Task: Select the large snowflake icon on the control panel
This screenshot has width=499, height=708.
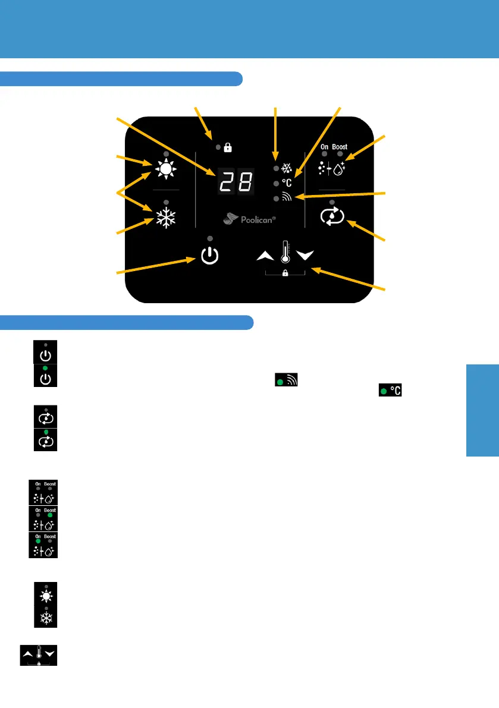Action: (x=166, y=218)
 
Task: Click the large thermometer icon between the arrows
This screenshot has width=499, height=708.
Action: (x=285, y=252)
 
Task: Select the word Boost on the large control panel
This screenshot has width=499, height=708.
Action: (x=340, y=146)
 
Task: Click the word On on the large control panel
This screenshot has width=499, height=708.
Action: (x=324, y=146)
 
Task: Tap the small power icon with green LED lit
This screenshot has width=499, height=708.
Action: (x=45, y=377)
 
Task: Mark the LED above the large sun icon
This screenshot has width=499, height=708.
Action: (x=166, y=153)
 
